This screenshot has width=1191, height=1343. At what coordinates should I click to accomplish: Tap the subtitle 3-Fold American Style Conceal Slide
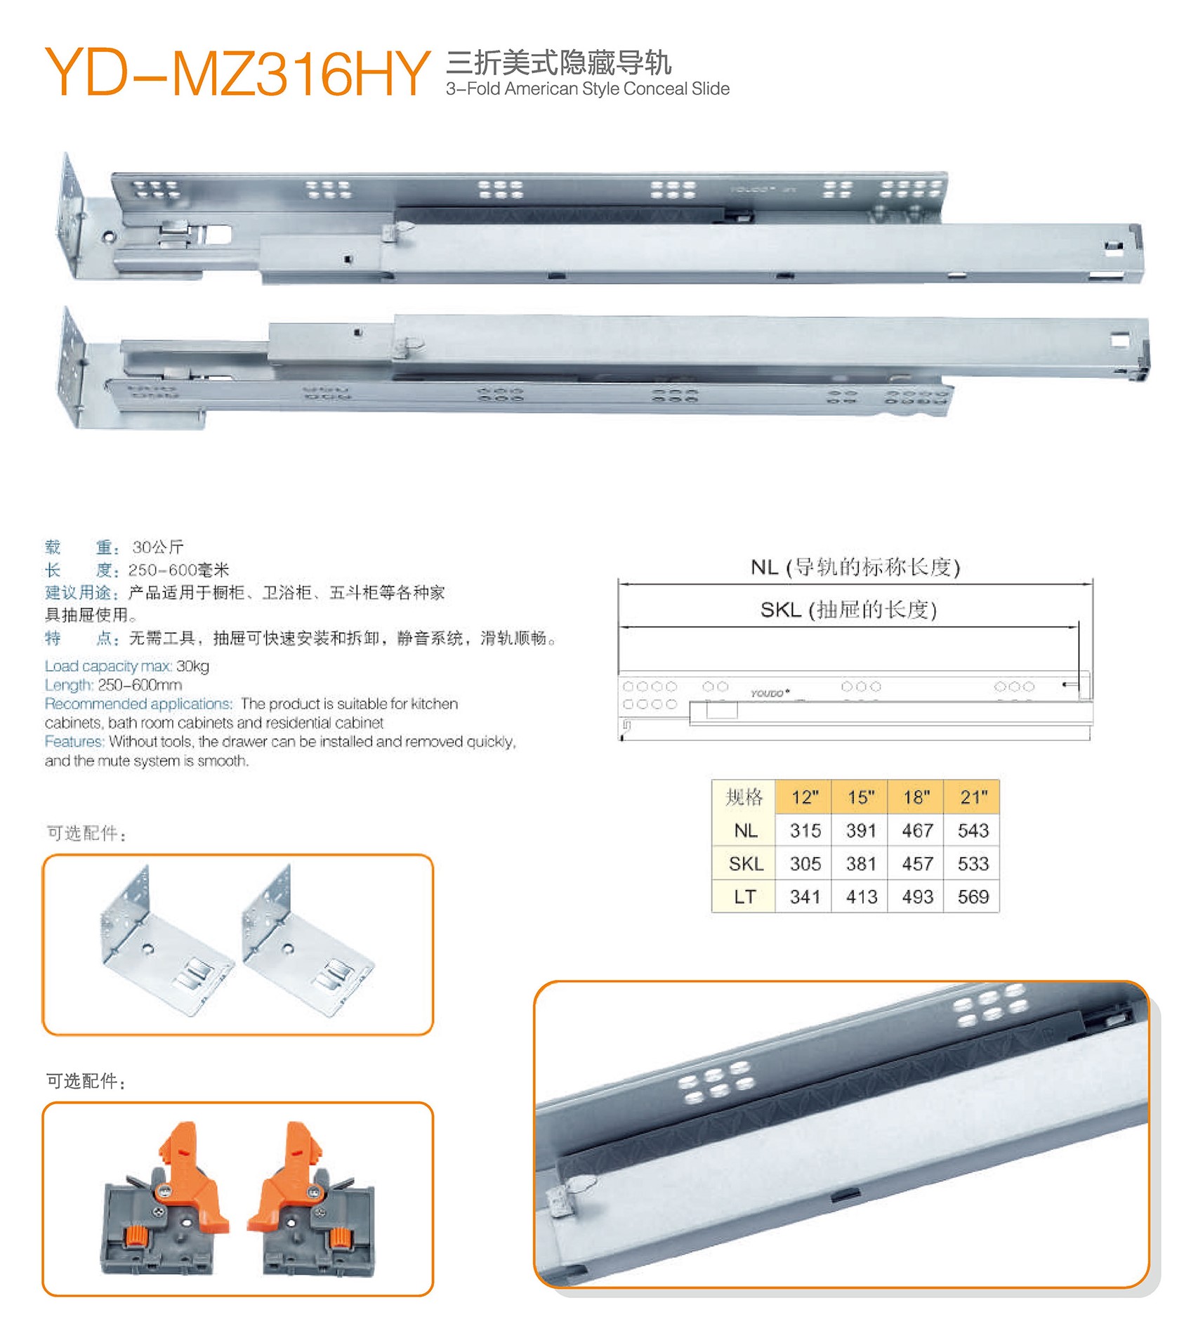[x=588, y=89]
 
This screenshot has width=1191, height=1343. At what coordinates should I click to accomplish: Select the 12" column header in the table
[x=803, y=797]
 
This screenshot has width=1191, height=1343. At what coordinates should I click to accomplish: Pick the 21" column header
[x=972, y=797]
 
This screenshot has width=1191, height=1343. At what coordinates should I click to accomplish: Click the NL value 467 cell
[x=916, y=830]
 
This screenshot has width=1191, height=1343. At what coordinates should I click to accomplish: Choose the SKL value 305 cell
[x=803, y=863]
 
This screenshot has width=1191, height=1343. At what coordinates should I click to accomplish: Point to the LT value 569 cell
[x=972, y=896]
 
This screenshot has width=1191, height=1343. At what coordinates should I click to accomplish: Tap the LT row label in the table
[x=744, y=896]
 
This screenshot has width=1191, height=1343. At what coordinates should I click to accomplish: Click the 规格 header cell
[x=744, y=797]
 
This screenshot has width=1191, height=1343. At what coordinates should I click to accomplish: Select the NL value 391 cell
[x=860, y=830]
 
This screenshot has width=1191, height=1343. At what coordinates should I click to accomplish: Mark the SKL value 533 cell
[x=972, y=863]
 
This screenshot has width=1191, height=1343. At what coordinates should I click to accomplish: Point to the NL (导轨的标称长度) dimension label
[x=855, y=567]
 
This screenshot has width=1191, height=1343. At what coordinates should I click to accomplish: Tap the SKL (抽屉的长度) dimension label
[x=848, y=609]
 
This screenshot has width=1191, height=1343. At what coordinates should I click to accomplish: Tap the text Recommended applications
[x=138, y=704]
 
